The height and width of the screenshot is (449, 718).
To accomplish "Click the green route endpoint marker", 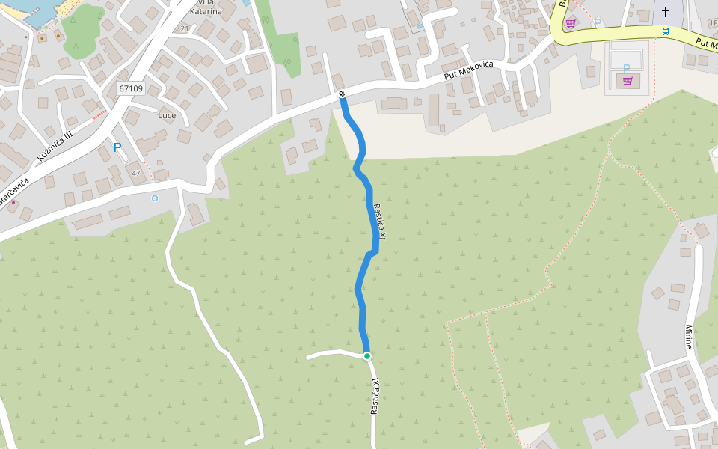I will point(367,355).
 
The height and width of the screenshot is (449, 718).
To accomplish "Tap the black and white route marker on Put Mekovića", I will point(342,94).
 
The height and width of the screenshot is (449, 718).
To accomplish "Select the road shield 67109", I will point(131,88).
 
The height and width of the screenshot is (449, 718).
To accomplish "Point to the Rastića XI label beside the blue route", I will point(380,222).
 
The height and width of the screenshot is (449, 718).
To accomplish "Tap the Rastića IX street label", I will point(375,396).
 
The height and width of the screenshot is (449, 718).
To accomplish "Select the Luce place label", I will point(167,116).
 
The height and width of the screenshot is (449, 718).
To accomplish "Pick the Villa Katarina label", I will point(206,7).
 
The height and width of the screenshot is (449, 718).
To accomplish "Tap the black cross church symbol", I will point(666,11).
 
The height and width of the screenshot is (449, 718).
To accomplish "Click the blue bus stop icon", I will point(665,31).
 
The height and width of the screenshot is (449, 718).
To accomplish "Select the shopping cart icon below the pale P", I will point(628,81).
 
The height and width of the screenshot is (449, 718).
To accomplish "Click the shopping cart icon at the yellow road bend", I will point(571,23).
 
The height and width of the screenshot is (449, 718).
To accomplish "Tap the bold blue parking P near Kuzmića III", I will point(117,147).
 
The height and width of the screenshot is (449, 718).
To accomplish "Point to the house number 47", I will point(135,174).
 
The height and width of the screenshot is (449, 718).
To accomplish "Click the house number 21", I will point(185,28).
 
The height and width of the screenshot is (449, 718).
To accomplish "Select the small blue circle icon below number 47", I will point(155,198).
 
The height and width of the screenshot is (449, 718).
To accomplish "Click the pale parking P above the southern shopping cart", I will point(627,68).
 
